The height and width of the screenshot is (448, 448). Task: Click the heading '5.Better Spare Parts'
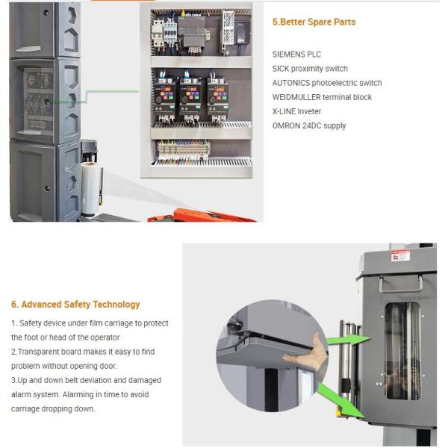tap(314, 22)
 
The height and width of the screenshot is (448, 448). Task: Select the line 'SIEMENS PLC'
tap(296, 55)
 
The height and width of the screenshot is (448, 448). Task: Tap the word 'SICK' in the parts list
tap(280, 69)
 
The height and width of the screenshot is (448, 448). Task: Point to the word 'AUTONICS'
tap(291, 83)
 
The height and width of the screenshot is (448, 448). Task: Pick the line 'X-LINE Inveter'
tap(296, 111)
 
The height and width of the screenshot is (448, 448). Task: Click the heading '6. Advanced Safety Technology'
tap(75, 305)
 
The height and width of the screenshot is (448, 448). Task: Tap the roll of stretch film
tap(91, 189)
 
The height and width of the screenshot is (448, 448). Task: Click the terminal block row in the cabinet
tap(184, 150)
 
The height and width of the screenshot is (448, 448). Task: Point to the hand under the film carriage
tap(308, 352)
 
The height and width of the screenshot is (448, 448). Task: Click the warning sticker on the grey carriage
tap(400, 256)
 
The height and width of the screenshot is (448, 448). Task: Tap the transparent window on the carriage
tap(402, 351)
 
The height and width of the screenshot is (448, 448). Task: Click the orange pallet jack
tap(202, 216)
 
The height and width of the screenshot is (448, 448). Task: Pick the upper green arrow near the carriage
tap(348, 339)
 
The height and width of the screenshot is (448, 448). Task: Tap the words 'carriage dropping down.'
tap(53, 409)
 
